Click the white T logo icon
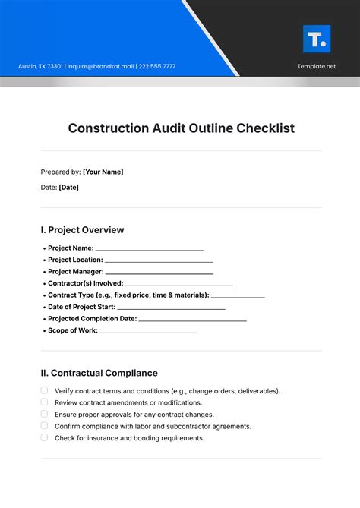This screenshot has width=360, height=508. click(316, 39)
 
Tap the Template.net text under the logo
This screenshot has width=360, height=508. click(316, 66)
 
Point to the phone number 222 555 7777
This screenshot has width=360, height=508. click(156, 66)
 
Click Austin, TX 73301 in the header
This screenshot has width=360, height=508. click(39, 66)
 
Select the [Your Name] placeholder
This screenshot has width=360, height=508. click(103, 172)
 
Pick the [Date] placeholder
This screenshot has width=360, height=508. click(68, 187)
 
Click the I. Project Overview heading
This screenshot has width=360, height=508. click(82, 229)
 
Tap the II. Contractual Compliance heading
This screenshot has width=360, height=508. click(99, 373)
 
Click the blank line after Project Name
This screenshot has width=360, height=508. click(150, 248)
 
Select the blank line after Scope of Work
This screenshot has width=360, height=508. click(148, 332)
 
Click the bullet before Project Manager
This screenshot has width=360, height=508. click(43, 272)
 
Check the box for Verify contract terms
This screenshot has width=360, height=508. click(44, 390)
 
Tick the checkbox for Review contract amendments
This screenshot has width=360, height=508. click(44, 402)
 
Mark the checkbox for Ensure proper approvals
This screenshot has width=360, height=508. click(44, 415)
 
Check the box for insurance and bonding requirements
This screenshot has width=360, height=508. click(44, 438)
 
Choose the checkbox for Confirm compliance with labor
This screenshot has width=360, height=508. click(44, 426)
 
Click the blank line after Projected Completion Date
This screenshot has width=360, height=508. click(193, 320)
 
